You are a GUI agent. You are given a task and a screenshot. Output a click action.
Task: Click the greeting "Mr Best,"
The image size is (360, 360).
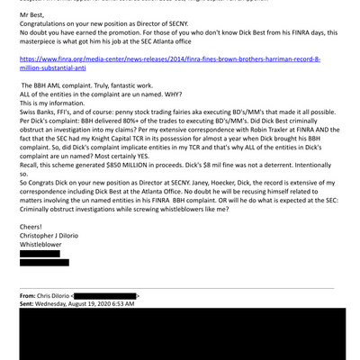point(33,15)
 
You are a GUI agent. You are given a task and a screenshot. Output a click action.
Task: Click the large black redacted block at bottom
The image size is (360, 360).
point(180,335)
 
